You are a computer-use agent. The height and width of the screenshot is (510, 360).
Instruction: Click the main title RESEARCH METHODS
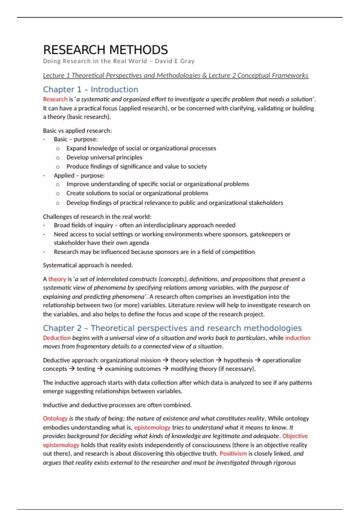[x=105, y=50]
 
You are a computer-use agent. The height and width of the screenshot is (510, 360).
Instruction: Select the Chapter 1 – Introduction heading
[x=90, y=89]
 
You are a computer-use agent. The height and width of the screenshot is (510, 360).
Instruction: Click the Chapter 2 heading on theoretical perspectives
[x=172, y=328]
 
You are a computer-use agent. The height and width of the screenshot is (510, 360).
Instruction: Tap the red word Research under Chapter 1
[x=55, y=99]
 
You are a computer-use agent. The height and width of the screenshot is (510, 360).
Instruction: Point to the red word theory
[x=57, y=279]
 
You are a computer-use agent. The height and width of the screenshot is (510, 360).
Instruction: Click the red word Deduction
[x=57, y=338]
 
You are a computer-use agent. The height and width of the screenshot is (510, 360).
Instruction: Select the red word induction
[x=298, y=338]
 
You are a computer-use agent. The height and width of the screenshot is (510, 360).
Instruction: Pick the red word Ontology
[x=55, y=418]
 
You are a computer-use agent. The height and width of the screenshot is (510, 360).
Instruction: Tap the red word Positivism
[x=233, y=454]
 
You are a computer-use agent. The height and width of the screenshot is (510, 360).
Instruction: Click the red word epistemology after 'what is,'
[x=152, y=427]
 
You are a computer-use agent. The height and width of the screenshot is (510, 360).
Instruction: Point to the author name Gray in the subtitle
[x=187, y=61]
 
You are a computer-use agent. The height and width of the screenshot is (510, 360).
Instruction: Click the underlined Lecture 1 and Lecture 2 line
[x=175, y=75]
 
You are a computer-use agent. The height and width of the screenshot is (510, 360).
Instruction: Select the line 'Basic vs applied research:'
[x=77, y=131]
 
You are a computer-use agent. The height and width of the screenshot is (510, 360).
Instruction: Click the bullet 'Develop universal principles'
[x=104, y=157]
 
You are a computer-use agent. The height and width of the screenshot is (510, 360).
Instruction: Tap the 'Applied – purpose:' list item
[x=79, y=175]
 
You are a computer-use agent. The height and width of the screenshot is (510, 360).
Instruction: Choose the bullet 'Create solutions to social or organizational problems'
[x=137, y=193]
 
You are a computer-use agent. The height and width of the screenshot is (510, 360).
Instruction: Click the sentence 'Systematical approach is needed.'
[x=88, y=265]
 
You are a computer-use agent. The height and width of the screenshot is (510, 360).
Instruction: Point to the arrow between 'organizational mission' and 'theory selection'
[x=165, y=360]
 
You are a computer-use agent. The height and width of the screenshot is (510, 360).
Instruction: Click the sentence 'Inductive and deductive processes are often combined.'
[x=117, y=405]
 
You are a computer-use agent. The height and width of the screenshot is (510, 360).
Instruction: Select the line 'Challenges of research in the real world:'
[x=97, y=217]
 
